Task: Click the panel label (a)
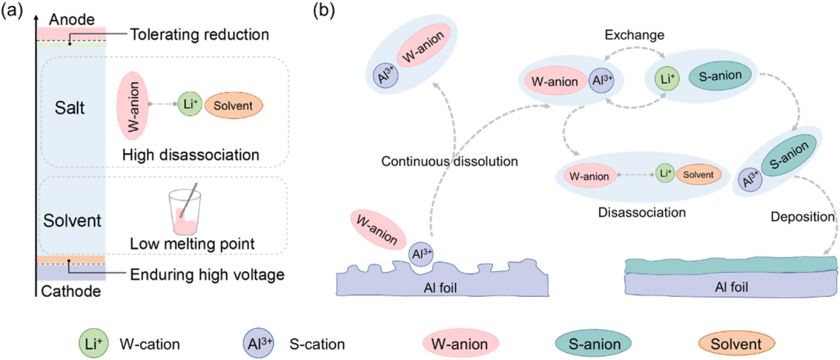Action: point(16,12)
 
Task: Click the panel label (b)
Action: point(324,12)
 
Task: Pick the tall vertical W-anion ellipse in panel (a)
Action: point(129,103)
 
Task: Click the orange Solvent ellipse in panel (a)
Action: point(233,104)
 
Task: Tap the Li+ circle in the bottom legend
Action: point(93,342)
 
